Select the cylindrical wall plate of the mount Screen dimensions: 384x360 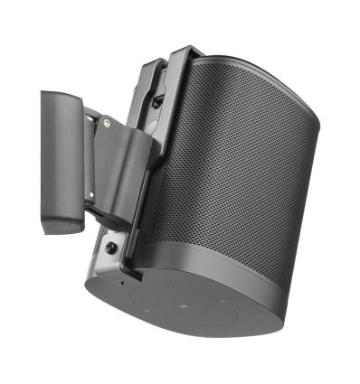pos(62,154)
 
